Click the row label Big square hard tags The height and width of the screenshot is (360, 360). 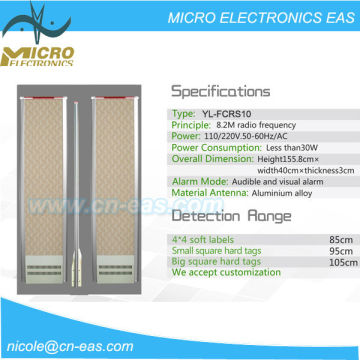click(x=215, y=261)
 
